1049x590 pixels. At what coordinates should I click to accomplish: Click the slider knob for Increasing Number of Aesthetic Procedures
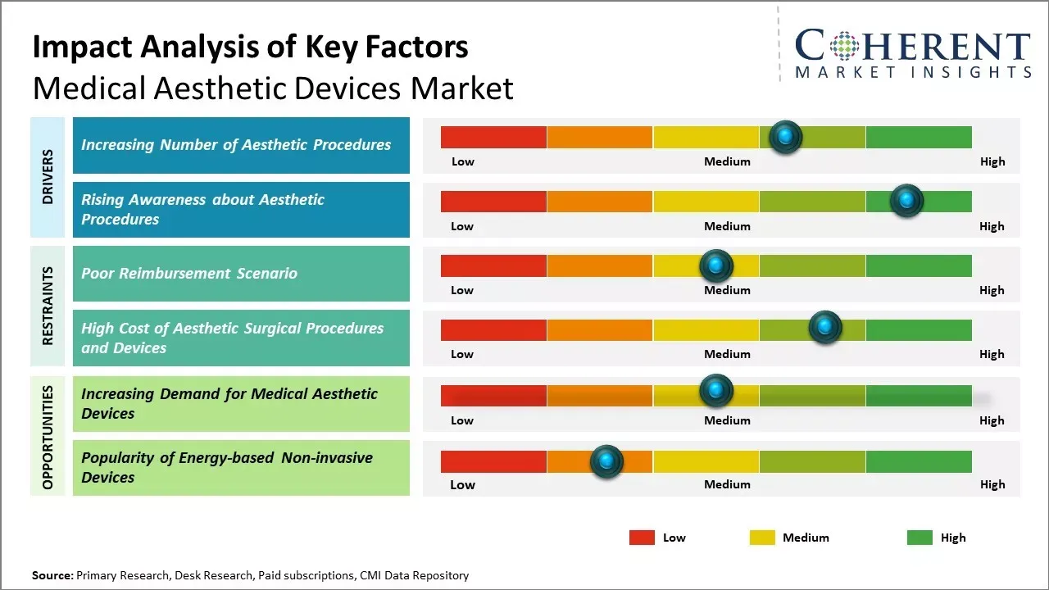[x=786, y=137]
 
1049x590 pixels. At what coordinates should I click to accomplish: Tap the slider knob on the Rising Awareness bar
[x=906, y=201]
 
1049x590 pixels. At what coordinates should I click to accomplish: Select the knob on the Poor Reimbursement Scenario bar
[x=715, y=265]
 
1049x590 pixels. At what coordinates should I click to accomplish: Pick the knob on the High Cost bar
[x=825, y=327]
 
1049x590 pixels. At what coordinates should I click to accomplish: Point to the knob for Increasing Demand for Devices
[x=715, y=390]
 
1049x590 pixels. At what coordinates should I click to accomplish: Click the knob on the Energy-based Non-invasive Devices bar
[x=606, y=461]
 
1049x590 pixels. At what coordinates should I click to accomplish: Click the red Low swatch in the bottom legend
[x=642, y=538]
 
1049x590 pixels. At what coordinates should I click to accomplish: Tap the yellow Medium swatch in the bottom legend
[x=762, y=538]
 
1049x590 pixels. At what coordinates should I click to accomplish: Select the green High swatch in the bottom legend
[x=920, y=538]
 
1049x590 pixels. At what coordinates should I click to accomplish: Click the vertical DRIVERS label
[x=48, y=177]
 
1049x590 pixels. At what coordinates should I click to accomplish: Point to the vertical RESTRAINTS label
[x=48, y=306]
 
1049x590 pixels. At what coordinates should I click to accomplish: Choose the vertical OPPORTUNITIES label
[x=48, y=438]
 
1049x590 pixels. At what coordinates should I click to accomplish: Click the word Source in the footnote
[x=52, y=576]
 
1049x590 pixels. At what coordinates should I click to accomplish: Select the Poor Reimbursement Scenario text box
[x=241, y=274]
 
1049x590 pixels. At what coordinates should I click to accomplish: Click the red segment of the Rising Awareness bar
[x=493, y=202]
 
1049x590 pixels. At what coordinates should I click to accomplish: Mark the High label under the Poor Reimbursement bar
[x=992, y=290]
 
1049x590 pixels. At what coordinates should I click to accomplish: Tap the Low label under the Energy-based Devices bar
[x=462, y=484]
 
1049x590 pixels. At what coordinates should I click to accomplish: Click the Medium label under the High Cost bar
[x=727, y=354]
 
